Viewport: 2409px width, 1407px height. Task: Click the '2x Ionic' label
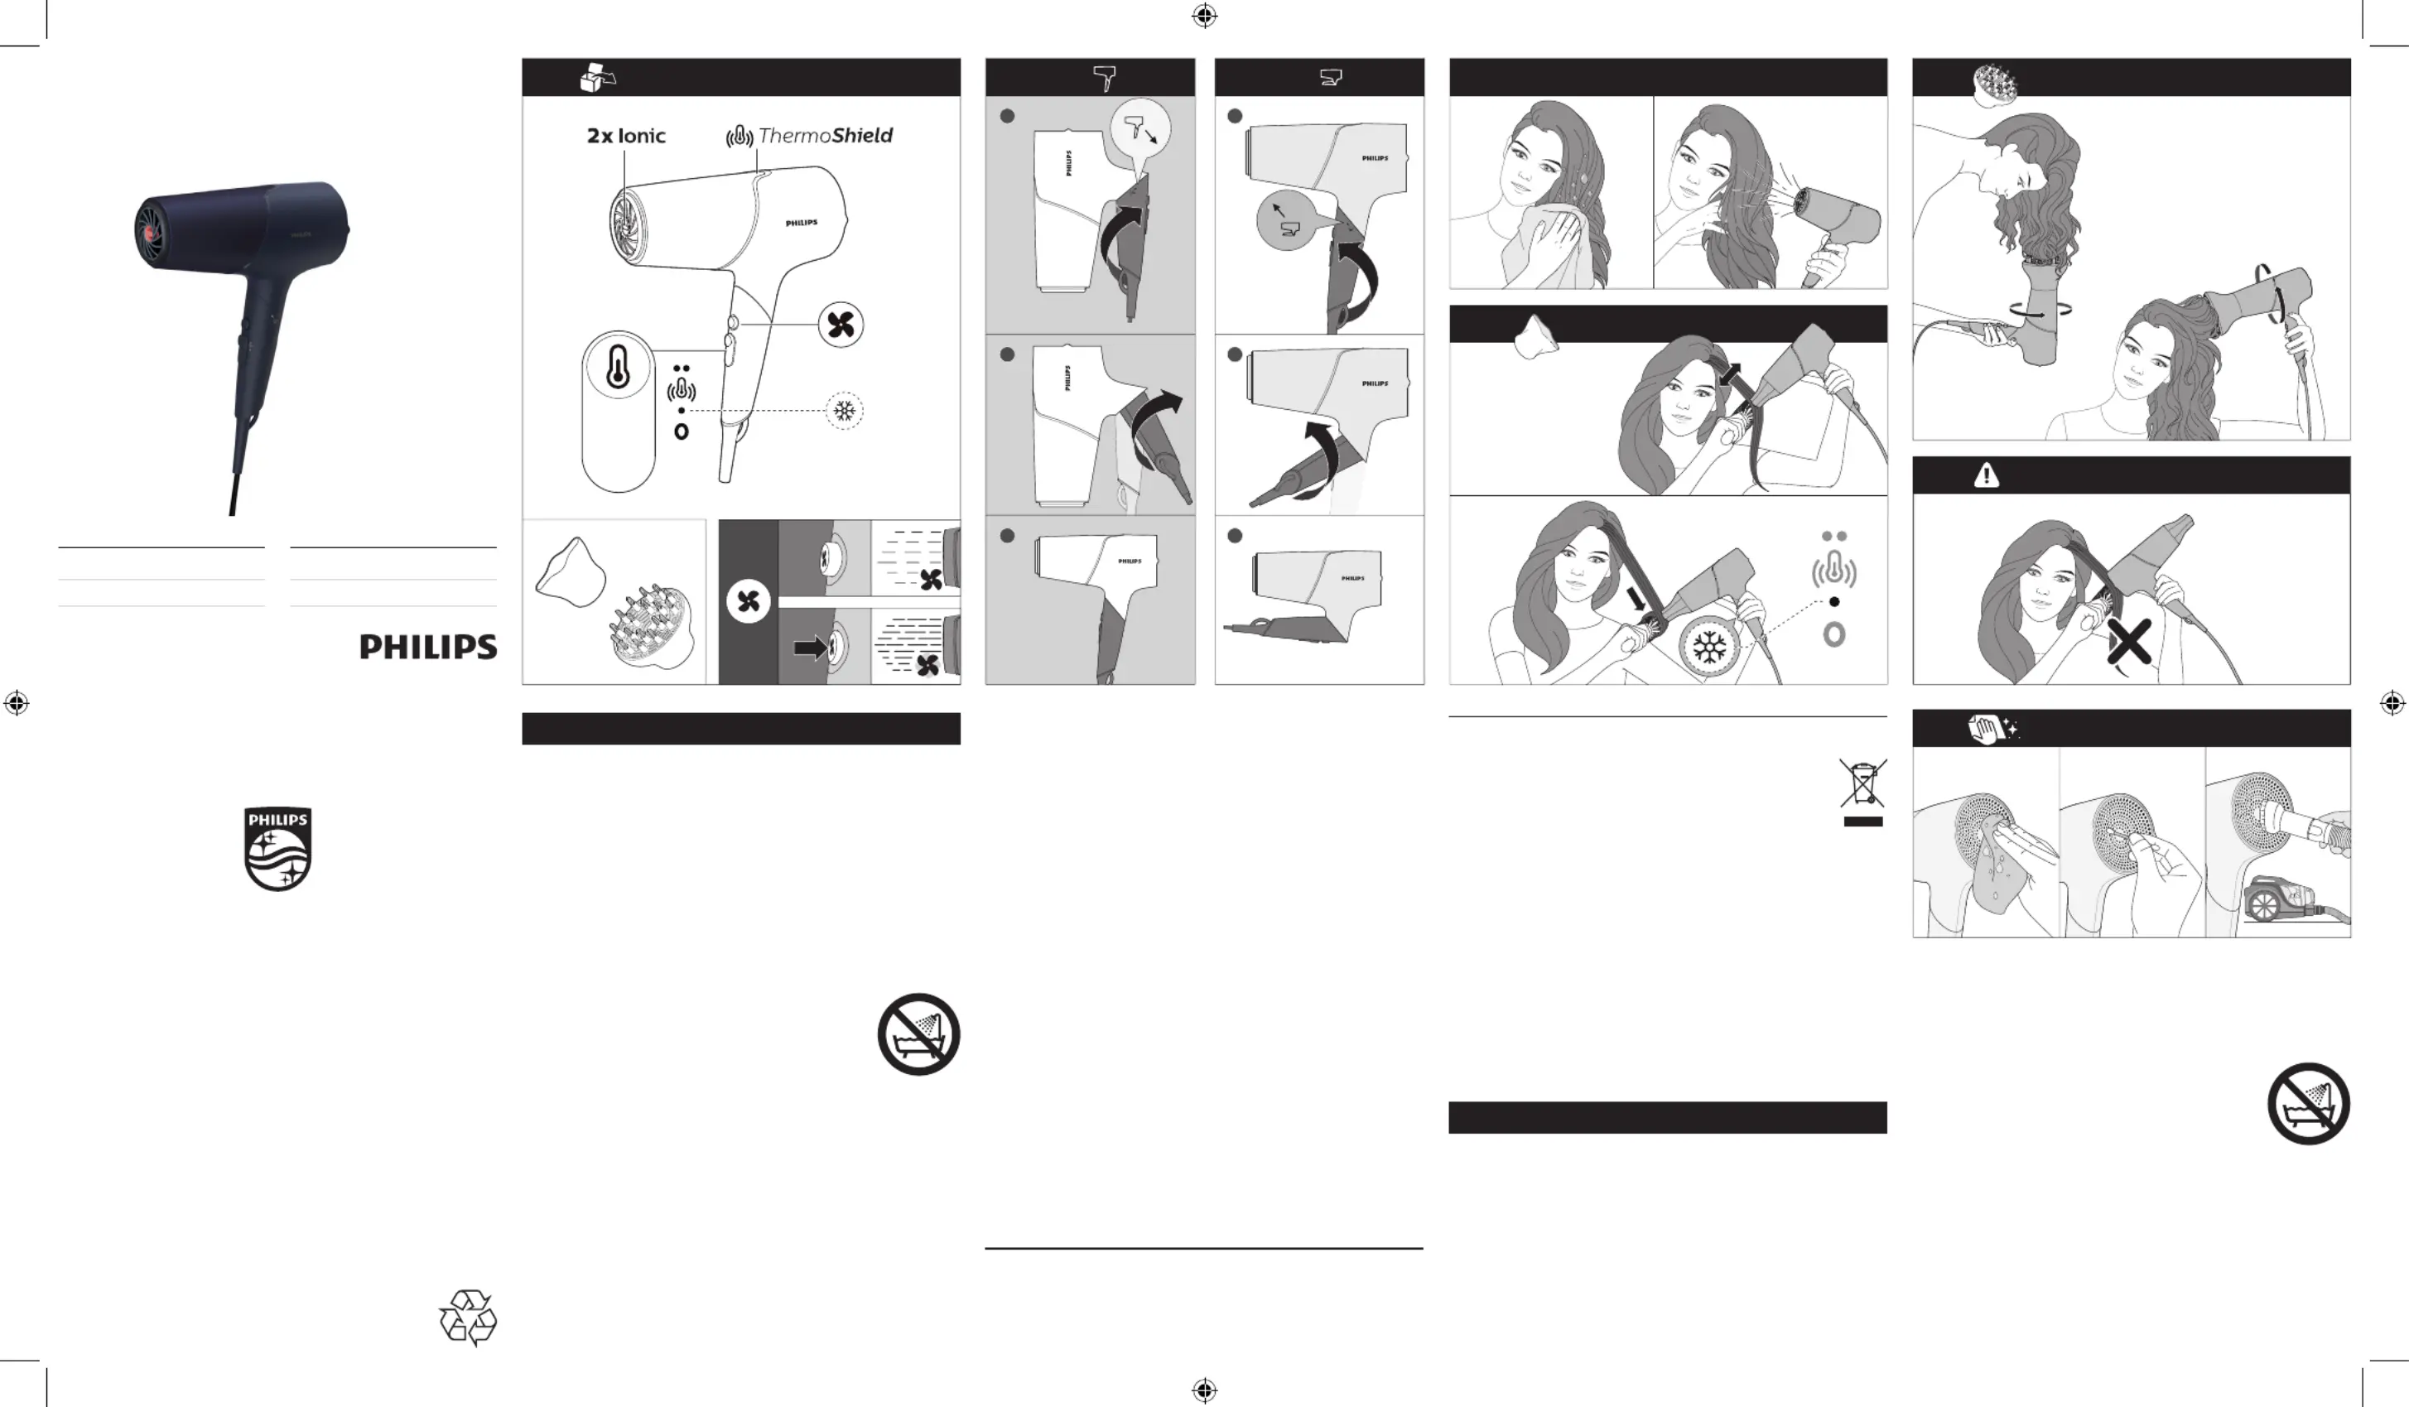click(x=626, y=136)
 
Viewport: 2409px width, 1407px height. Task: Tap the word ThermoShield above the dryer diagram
click(x=825, y=136)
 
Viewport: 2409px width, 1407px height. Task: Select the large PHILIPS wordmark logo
click(x=428, y=647)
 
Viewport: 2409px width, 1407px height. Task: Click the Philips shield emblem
click(x=277, y=849)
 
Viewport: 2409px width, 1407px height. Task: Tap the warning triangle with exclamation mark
click(x=1987, y=475)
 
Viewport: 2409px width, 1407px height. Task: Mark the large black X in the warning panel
click(x=2130, y=641)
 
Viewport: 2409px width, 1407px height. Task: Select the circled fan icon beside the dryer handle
click(x=841, y=325)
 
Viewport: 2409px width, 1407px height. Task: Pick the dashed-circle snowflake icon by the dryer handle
click(x=844, y=411)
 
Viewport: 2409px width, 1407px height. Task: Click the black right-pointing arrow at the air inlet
click(x=811, y=648)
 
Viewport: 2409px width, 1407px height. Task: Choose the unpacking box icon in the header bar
click(x=597, y=77)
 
